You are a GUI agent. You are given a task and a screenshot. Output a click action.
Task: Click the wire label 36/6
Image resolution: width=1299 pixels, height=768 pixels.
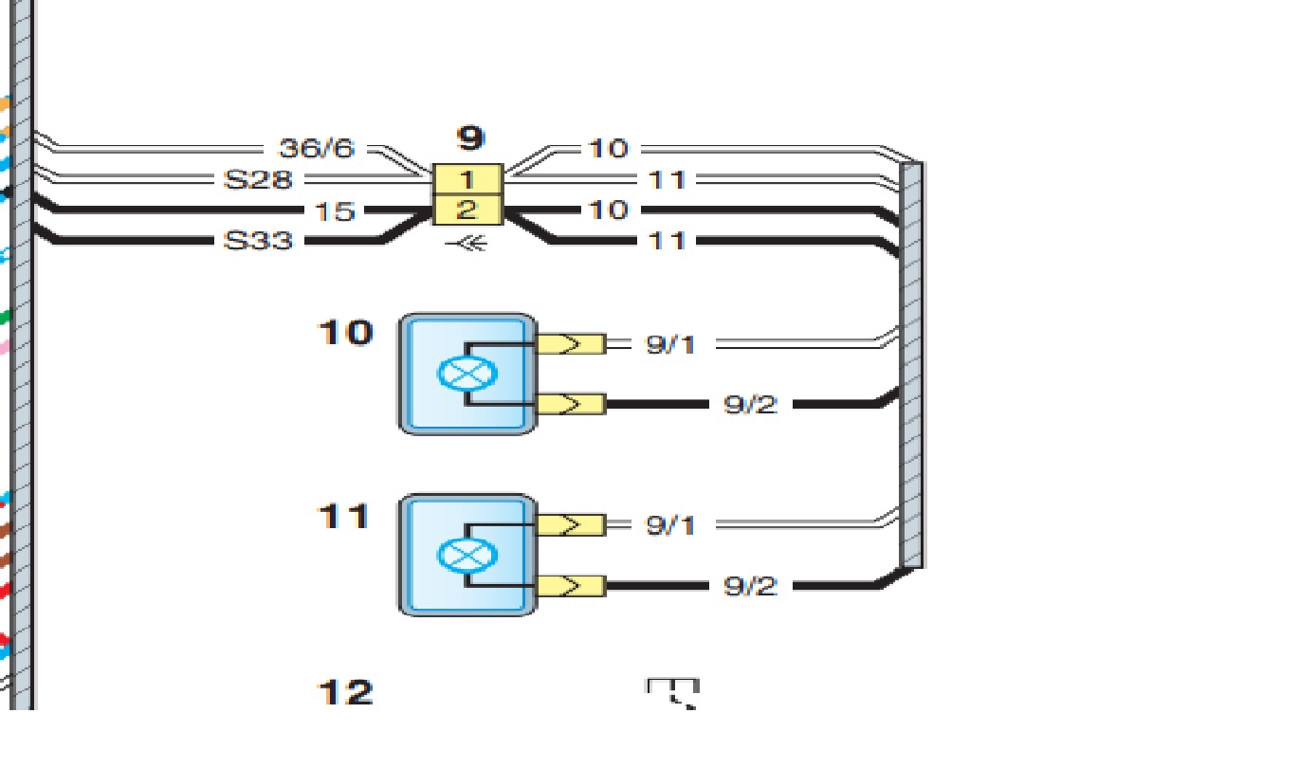316,149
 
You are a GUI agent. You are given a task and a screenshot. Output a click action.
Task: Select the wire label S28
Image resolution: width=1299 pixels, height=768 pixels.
257,179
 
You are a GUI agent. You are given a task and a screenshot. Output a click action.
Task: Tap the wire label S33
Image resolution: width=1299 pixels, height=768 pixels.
257,241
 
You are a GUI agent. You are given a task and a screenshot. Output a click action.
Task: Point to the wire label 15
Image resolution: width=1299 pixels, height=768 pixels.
334,210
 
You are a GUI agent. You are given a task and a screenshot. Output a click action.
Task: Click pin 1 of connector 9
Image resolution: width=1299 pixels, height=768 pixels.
467,178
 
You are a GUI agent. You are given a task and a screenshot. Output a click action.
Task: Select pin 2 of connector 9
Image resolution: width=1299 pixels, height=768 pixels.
467,210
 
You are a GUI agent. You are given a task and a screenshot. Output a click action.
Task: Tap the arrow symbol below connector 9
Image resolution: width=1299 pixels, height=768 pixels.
467,244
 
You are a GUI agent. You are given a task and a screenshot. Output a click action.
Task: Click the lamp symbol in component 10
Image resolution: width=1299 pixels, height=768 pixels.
467,373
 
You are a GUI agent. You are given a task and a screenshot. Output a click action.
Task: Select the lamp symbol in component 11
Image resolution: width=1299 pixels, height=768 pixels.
467,554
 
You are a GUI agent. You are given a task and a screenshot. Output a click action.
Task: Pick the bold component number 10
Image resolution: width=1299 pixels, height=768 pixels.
345,333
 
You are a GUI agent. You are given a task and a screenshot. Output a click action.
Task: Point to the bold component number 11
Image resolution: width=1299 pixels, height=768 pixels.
343,517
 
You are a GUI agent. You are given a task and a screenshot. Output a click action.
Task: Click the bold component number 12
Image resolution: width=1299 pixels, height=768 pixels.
345,693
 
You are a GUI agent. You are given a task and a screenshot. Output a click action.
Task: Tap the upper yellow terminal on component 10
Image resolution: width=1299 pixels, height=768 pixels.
571,343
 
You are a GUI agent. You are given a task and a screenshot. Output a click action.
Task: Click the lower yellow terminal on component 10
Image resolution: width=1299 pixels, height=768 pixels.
571,405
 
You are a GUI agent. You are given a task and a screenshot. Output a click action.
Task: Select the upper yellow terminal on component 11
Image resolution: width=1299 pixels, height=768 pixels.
571,524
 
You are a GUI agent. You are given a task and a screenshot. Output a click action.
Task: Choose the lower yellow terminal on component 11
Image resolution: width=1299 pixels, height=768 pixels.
571,585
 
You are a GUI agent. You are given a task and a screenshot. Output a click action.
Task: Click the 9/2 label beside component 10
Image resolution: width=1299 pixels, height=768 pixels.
750,405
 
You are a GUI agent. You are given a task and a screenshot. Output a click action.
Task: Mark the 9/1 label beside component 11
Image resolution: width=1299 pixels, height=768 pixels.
670,524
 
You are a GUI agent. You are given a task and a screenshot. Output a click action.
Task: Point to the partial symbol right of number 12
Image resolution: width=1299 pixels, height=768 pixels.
673,692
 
